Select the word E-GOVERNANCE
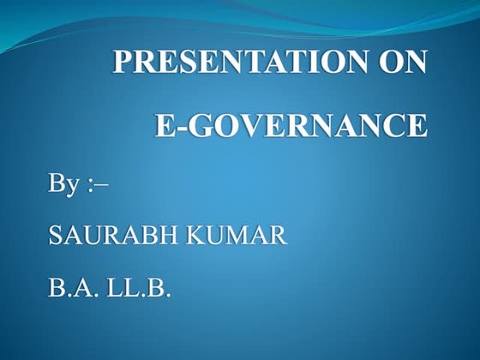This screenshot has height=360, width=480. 290,125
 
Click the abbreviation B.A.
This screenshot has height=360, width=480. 72,286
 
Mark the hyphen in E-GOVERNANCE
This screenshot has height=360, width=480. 177,127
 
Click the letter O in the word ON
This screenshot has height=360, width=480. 393,64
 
